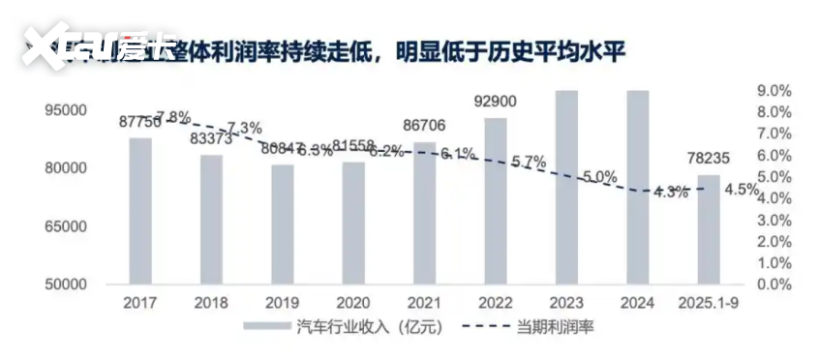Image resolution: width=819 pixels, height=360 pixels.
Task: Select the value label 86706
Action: [x=424, y=125]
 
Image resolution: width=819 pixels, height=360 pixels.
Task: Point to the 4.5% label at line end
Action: [x=742, y=189]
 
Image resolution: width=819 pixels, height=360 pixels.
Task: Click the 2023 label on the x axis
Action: [x=566, y=302]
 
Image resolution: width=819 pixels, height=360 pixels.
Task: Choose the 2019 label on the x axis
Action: [x=283, y=302]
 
